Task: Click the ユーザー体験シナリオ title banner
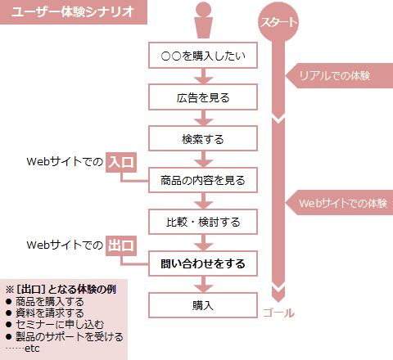(74, 12)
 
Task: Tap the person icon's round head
(203, 9)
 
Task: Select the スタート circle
(278, 22)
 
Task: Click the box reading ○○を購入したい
(203, 56)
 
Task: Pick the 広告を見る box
(203, 97)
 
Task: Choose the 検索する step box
(203, 138)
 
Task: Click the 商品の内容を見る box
(203, 180)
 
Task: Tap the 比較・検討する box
(203, 222)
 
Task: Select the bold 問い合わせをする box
(203, 263)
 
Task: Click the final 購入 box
(203, 305)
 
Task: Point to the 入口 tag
(121, 163)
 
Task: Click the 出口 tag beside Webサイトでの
(121, 245)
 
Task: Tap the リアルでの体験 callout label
(339, 75)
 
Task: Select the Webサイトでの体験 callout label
(339, 203)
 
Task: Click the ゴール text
(278, 313)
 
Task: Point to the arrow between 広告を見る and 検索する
(203, 118)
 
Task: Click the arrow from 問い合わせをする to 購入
(203, 284)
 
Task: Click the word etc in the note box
(32, 349)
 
